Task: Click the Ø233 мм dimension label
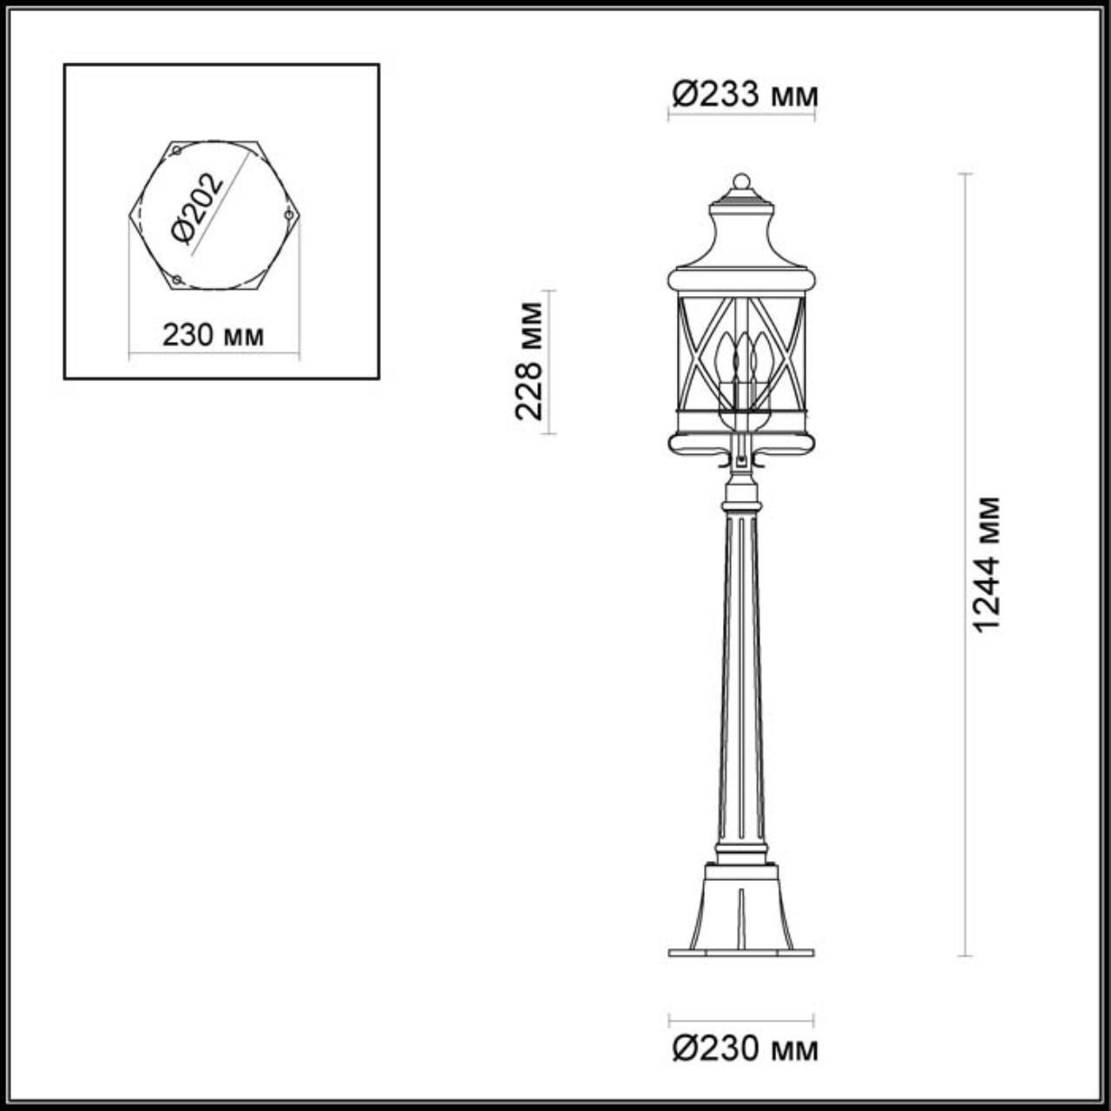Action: pos(745,93)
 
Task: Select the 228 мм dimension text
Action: pos(528,361)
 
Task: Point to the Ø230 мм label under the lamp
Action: pos(745,1049)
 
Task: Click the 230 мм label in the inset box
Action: pos(213,335)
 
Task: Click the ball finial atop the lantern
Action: pos(741,181)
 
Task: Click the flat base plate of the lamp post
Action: pos(741,952)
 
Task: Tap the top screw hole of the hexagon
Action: pos(176,152)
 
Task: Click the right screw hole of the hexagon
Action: pos(288,213)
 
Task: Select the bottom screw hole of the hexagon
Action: pos(176,279)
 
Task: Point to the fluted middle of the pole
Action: pos(741,677)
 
